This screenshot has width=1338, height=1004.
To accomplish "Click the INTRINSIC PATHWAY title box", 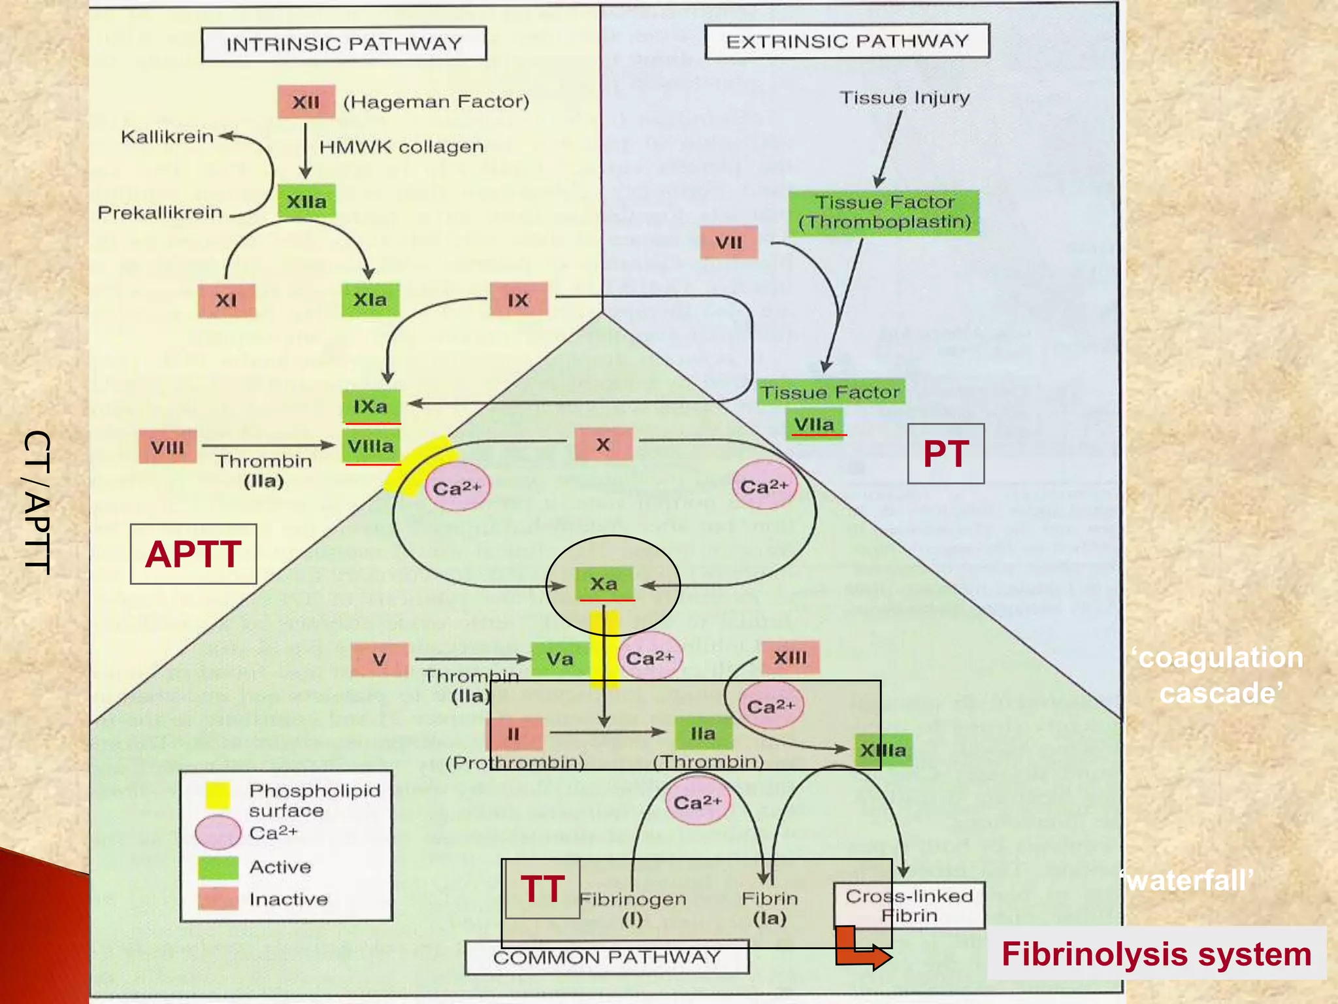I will tap(344, 44).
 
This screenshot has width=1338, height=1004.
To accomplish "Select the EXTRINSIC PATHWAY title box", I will tap(847, 42).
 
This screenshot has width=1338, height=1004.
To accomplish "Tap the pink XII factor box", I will tap(306, 102).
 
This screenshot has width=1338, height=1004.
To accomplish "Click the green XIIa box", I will tap(306, 201).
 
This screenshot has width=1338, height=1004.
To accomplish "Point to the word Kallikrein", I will tap(167, 137).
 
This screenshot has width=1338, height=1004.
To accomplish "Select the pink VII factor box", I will tap(728, 243).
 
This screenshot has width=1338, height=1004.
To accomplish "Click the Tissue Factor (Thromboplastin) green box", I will tap(884, 212).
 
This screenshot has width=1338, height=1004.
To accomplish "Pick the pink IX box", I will tap(518, 300).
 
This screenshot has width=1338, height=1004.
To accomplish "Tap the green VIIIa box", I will tap(371, 446).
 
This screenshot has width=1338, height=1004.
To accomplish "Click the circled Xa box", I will tap(604, 583).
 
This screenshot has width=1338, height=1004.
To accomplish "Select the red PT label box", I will tap(945, 454).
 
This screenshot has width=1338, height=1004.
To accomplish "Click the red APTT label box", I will tap(193, 554).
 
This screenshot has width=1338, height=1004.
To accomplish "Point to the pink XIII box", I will tap(790, 658).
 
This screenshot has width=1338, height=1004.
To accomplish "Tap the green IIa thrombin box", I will tap(703, 733).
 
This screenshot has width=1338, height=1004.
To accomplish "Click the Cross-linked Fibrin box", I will tap(909, 905).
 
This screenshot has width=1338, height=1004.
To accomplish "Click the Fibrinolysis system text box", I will tap(1156, 954).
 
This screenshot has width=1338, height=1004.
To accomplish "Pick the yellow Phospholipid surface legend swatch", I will tap(218, 795).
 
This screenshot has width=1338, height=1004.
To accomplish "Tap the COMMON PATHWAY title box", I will tap(606, 958).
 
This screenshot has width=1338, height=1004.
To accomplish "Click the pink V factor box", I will tap(380, 660).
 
